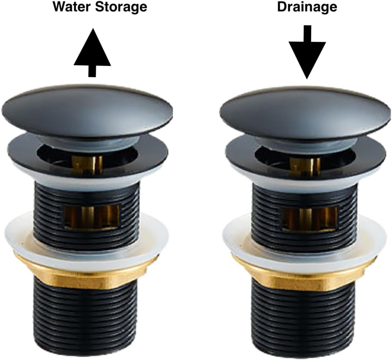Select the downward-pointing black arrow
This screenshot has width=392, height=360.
(x=307, y=52)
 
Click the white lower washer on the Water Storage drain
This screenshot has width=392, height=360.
(x=23, y=237)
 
